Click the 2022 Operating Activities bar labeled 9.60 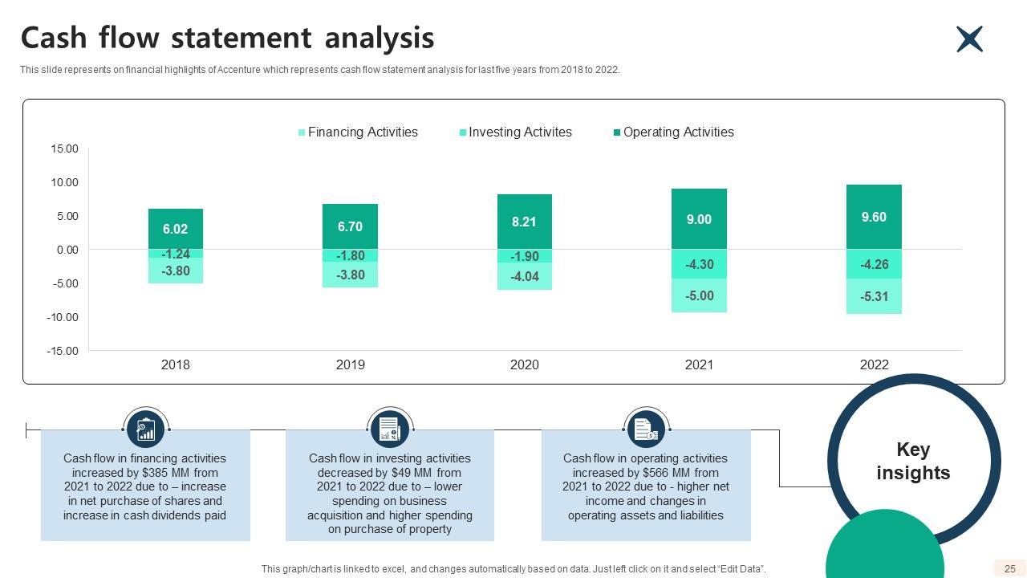pyautogui.click(x=874, y=217)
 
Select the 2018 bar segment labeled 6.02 pyautogui.click(x=175, y=229)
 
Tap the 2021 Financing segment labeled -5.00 pyautogui.click(x=699, y=295)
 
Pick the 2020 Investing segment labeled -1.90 pyautogui.click(x=524, y=256)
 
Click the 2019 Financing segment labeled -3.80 pyautogui.click(x=350, y=275)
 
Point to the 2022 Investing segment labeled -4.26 pyautogui.click(x=874, y=263)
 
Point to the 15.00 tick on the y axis pyautogui.click(x=64, y=149)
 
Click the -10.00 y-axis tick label pyautogui.click(x=62, y=317)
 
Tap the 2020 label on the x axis pyautogui.click(x=524, y=364)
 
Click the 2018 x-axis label pyautogui.click(x=175, y=364)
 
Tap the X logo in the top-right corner pyautogui.click(x=969, y=39)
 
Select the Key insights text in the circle pyautogui.click(x=913, y=461)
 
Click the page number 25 pyautogui.click(x=1009, y=568)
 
